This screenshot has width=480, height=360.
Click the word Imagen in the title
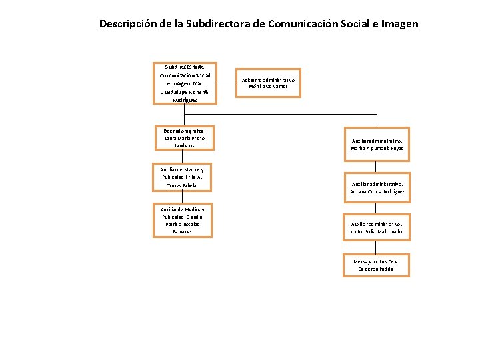tap(398, 24)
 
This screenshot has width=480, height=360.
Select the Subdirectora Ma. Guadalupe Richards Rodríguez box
tap(185, 83)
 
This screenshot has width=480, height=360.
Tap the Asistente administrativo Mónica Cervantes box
tap(268, 83)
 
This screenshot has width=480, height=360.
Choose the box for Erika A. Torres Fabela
tap(182, 177)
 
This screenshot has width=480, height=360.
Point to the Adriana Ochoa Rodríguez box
tap(377, 187)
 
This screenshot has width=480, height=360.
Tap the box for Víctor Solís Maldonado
tap(377, 228)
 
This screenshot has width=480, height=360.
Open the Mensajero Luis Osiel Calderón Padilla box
tap(377, 265)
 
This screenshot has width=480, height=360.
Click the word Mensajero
tap(365, 261)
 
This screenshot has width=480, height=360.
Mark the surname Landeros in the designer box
tap(183, 145)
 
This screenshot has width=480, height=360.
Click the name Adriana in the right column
tap(359, 191)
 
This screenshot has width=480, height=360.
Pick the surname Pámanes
tap(182, 231)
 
